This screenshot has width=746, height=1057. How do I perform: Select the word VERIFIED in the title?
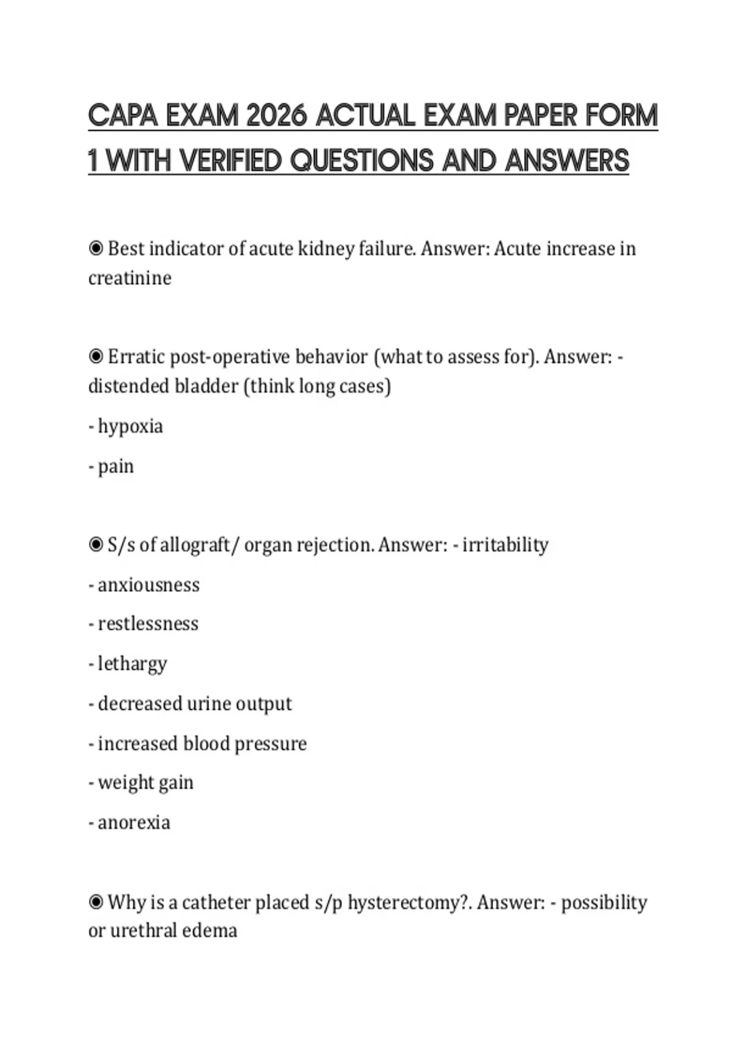pyautogui.click(x=231, y=160)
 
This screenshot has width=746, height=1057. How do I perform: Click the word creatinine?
pyautogui.click(x=130, y=278)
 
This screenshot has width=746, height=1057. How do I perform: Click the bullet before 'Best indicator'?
pyautogui.click(x=96, y=249)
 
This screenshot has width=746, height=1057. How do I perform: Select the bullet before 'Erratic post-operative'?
pyautogui.click(x=96, y=357)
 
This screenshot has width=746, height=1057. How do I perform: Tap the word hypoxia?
pyautogui.click(x=130, y=427)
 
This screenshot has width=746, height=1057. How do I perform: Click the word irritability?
pyautogui.click(x=505, y=545)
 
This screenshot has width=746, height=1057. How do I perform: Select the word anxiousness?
pyautogui.click(x=149, y=585)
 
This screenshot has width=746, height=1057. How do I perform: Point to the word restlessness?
pyautogui.click(x=148, y=624)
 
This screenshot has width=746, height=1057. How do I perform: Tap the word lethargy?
pyautogui.click(x=132, y=664)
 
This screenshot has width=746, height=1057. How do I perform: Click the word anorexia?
pyautogui.click(x=134, y=823)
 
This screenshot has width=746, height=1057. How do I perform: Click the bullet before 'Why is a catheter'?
pyautogui.click(x=96, y=902)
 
